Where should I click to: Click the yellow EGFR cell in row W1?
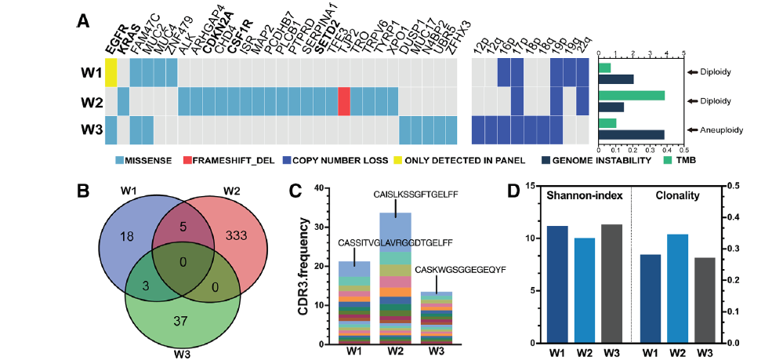(111, 73)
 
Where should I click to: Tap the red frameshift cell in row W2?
(344, 101)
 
